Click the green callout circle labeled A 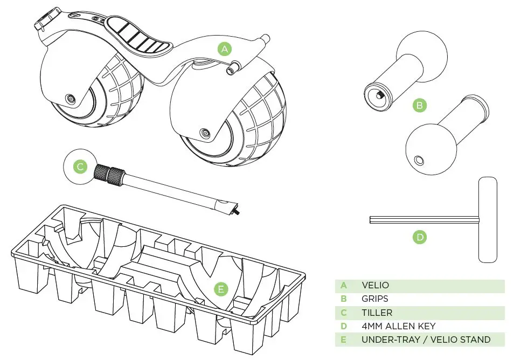point(225,49)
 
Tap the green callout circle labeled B point(419,105)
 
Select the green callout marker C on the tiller point(80,167)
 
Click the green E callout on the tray point(220,289)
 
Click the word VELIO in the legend point(375,286)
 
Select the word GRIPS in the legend point(375,299)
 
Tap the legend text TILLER point(377,313)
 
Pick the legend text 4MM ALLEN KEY point(399,326)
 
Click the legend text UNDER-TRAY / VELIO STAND point(426,340)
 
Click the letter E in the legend point(344,340)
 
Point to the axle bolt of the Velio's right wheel point(204,133)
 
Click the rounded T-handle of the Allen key point(488,219)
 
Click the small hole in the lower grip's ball point(419,159)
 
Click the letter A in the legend point(344,286)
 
